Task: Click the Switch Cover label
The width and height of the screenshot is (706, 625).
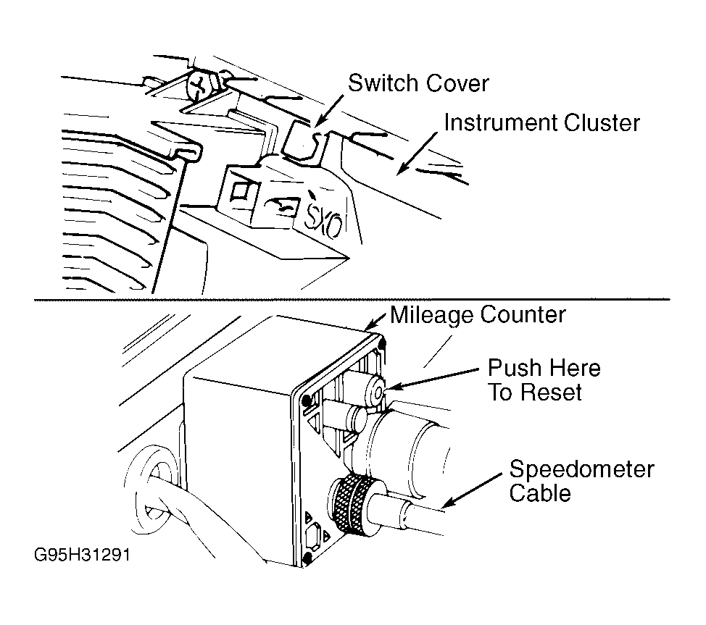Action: (418, 83)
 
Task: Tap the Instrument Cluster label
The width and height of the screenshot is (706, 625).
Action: (541, 122)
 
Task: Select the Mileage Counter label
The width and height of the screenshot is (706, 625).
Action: (477, 314)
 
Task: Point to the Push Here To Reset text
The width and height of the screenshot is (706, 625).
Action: (543, 379)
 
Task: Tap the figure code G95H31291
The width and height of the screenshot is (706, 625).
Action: (86, 558)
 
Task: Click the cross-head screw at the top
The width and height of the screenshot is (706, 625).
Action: (200, 87)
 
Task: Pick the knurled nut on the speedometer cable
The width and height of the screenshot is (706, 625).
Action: (351, 504)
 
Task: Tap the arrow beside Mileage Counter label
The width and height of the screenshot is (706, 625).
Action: (378, 319)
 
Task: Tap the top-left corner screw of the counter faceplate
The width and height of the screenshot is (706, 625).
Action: (308, 400)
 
